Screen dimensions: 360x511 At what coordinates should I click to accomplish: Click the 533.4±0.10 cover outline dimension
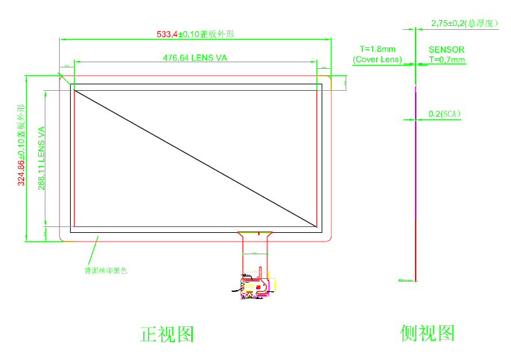[x=195, y=34]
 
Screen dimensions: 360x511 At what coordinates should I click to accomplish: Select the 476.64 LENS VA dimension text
[x=195, y=58]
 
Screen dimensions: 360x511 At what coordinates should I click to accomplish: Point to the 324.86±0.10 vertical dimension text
[x=21, y=145]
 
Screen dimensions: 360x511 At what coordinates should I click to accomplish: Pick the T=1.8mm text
[x=377, y=49]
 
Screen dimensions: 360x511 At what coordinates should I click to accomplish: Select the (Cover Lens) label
[x=377, y=60]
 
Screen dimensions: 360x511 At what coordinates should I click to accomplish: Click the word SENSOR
[x=446, y=49]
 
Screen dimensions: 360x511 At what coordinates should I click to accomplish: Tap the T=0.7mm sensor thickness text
[x=447, y=60]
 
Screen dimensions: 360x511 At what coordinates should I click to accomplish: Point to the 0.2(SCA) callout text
[x=444, y=114]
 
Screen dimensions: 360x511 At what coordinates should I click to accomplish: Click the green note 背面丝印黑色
[x=106, y=270]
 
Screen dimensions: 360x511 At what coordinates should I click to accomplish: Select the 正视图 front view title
[x=167, y=334]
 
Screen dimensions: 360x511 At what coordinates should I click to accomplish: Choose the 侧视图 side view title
[x=427, y=333]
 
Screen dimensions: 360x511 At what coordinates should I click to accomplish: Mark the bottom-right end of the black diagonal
[x=317, y=226]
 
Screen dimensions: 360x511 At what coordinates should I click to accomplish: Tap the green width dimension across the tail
[x=254, y=253]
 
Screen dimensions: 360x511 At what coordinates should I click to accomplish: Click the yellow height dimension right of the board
[x=278, y=286]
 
